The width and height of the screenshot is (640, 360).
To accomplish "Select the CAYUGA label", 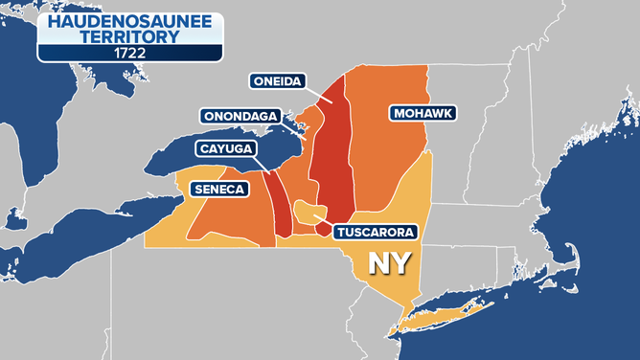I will tap(225, 148).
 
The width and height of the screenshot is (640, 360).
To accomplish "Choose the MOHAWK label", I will tap(422, 113).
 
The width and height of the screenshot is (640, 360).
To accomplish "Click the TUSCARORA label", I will tap(375, 232).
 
